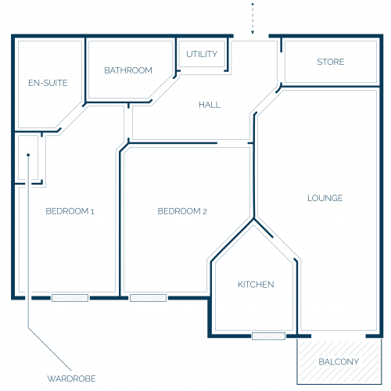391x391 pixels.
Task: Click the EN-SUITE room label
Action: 48,83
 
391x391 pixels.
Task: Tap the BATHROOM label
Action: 128,70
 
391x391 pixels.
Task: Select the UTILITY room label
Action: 202,54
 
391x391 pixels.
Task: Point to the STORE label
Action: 331,62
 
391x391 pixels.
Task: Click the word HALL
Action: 210,105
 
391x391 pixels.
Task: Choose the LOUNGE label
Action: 325,198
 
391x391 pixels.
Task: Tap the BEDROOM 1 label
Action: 70,211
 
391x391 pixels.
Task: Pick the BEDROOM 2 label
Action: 182,211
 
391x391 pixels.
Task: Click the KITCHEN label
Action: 256,285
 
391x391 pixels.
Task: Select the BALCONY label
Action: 339,361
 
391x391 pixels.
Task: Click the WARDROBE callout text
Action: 71,378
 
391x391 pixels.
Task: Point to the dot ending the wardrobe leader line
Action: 28,155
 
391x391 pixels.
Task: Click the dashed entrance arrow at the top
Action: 253,18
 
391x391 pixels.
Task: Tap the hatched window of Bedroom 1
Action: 70,298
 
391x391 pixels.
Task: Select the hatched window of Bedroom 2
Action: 148,298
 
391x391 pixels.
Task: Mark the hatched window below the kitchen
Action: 268,336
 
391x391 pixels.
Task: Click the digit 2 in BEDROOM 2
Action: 205,211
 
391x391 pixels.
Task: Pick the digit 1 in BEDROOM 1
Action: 92,211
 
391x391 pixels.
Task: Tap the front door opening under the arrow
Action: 251,36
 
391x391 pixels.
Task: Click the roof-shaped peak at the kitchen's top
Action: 253,219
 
